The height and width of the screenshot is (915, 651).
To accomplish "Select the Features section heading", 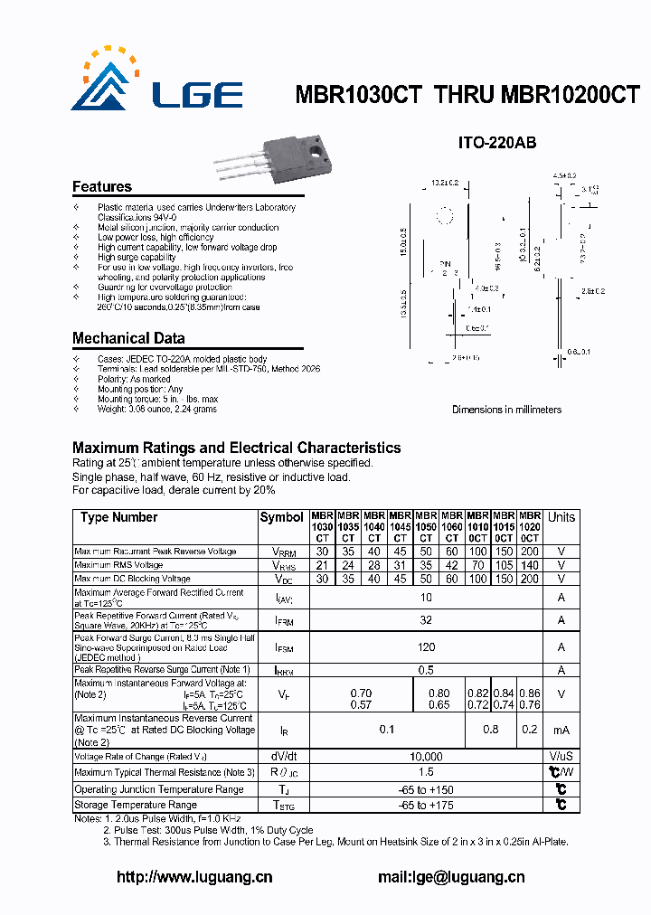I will click(102, 187).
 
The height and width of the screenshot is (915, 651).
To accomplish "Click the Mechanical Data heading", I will click(128, 338).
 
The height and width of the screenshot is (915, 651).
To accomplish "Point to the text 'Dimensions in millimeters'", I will click(506, 410).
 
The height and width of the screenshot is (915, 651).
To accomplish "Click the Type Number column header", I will click(118, 517).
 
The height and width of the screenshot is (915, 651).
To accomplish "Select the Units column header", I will click(561, 517).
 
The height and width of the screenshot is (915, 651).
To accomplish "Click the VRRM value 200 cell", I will click(530, 552).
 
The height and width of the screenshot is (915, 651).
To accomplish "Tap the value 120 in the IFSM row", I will click(426, 647).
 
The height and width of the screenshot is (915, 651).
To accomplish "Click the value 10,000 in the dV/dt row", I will click(426, 757).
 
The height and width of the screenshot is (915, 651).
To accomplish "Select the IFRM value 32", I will click(426, 620).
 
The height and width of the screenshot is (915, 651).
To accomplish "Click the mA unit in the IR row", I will click(561, 730).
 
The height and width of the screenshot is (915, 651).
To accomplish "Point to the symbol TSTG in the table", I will click(282, 805).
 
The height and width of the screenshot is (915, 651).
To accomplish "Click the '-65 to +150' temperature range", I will click(426, 789).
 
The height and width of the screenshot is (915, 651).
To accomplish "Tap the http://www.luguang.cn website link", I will click(195, 876).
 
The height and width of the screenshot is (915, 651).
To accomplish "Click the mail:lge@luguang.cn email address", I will click(450, 876).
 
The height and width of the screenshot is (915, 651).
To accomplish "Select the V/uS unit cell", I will click(561, 757).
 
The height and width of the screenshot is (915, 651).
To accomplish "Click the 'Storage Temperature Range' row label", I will click(136, 805).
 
